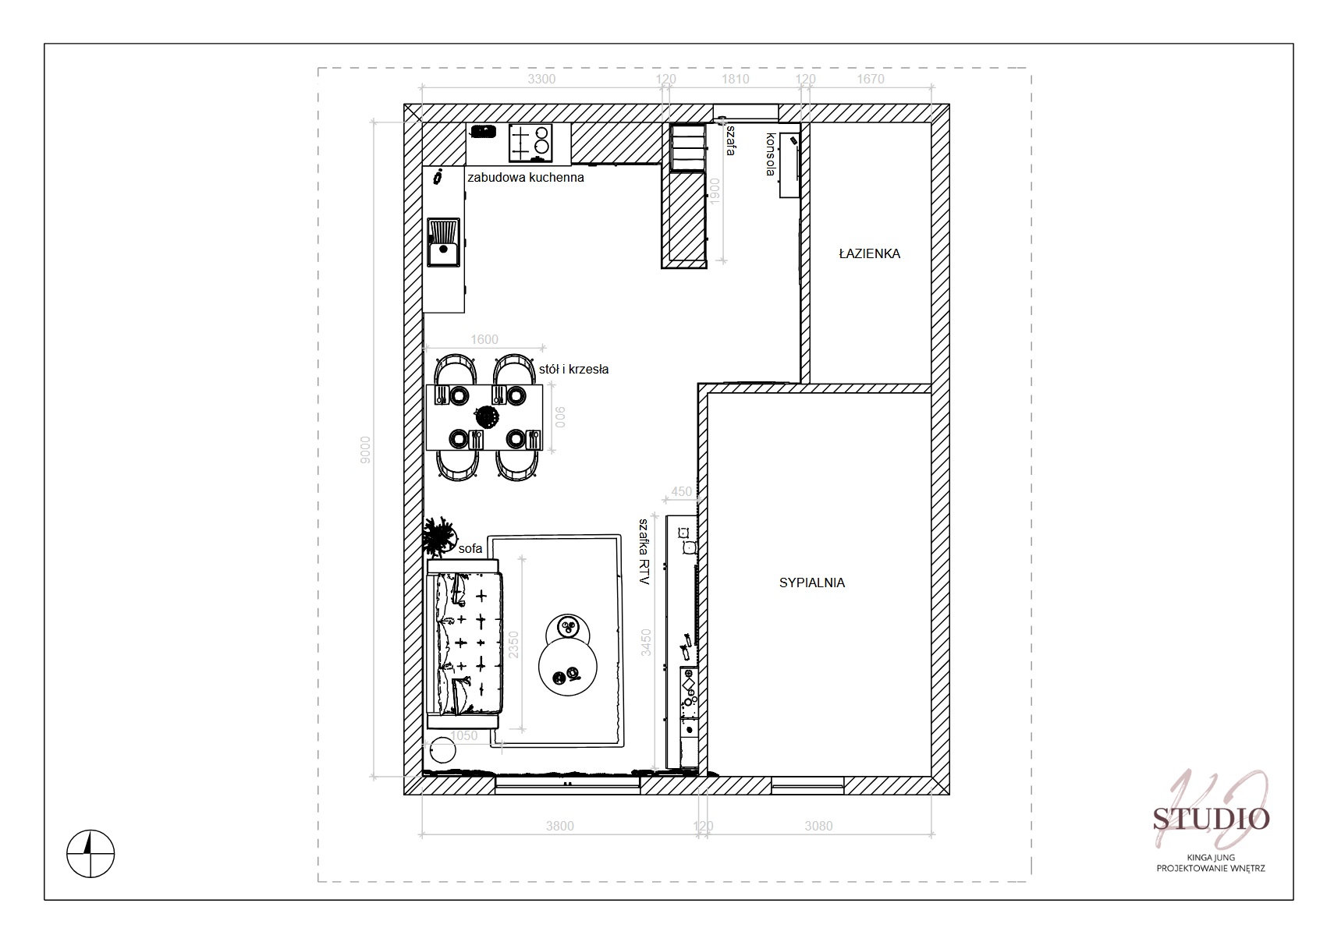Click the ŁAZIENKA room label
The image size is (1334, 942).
(870, 253)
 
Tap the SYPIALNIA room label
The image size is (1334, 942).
(812, 583)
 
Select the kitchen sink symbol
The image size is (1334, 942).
(443, 243)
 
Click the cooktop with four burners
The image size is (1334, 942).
(530, 143)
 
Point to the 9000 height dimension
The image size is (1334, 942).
(365, 450)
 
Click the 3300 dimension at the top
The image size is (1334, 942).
(541, 80)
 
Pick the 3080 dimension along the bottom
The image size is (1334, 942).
(818, 826)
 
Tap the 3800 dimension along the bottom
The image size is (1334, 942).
(560, 826)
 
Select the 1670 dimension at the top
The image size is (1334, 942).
(870, 80)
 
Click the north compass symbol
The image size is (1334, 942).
(90, 853)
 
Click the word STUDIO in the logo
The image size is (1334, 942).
(1212, 819)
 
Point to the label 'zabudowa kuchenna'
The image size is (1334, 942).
(525, 178)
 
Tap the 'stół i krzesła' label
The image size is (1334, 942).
(573, 369)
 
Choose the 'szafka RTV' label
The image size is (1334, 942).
(644, 551)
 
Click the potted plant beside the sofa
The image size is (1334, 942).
(439, 536)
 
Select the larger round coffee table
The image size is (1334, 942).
(568, 667)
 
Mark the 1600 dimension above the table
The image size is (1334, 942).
(484, 339)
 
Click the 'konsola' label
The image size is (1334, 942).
(771, 154)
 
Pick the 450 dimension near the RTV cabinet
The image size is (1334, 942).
(682, 492)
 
